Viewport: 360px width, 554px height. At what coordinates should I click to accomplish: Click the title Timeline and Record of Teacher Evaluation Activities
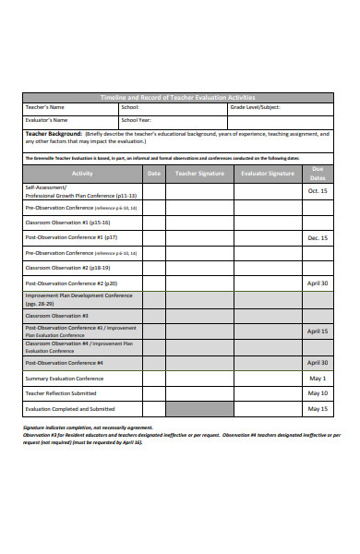(x=177, y=97)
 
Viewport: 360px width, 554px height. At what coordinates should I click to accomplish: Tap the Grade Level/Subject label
(x=256, y=108)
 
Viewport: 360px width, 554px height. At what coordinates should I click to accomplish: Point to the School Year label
(x=138, y=120)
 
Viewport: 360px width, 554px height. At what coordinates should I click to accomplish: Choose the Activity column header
(x=82, y=173)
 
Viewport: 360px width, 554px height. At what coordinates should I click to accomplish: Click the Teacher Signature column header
(x=198, y=173)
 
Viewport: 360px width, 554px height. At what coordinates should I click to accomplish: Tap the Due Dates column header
(x=318, y=173)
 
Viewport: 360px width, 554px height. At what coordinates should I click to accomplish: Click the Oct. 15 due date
(x=318, y=191)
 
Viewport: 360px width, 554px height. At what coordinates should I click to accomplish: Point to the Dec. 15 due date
(x=318, y=237)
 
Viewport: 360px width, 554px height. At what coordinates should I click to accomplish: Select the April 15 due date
(x=318, y=331)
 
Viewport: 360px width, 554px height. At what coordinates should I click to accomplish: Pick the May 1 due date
(x=318, y=378)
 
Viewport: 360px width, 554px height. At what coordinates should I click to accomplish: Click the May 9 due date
(x=318, y=392)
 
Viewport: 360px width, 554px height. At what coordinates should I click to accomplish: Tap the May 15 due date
(x=318, y=408)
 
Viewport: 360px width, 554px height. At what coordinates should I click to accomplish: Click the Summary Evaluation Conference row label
(x=65, y=378)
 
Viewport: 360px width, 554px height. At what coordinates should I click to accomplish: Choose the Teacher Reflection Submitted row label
(x=61, y=392)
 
